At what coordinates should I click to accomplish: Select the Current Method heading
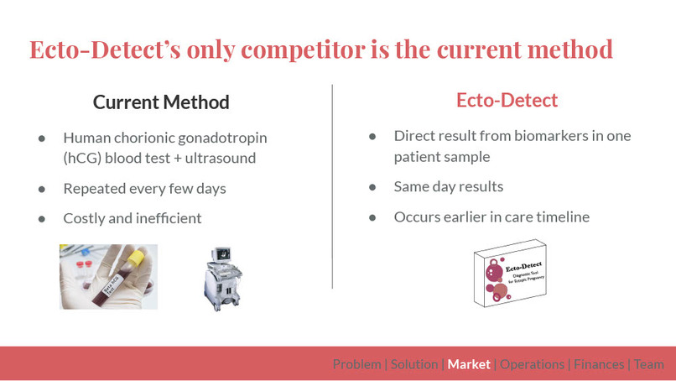click(x=161, y=102)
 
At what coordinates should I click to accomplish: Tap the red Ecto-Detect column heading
click(x=507, y=101)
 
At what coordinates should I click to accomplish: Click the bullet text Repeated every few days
click(x=144, y=189)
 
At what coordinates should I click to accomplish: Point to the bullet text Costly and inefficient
click(x=133, y=218)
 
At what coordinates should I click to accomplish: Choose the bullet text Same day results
click(x=449, y=186)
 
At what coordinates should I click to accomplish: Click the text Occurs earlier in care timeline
click(x=491, y=217)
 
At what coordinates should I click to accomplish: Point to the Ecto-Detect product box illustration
click(x=509, y=273)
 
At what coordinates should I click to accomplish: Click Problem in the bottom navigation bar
click(x=356, y=364)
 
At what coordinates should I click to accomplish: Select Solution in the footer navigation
click(x=414, y=364)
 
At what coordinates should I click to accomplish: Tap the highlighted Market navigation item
click(x=469, y=364)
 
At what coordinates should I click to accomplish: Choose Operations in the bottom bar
click(x=532, y=364)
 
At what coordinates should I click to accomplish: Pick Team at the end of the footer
click(x=649, y=364)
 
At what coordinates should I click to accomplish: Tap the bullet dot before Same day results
click(x=372, y=187)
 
